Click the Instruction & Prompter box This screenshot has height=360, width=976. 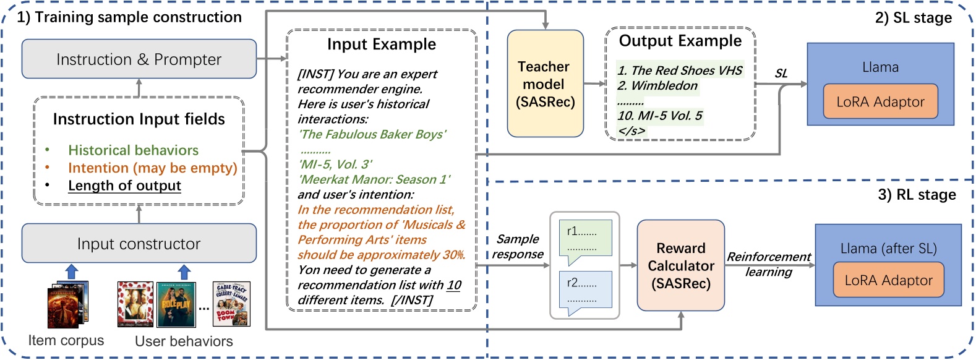click(139, 59)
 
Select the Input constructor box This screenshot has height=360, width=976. click(139, 244)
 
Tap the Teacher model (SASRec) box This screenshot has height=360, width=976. click(545, 84)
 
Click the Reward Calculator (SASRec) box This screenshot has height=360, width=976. click(680, 265)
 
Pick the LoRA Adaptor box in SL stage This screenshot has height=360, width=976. click(880, 102)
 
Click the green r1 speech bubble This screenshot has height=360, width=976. click(584, 239)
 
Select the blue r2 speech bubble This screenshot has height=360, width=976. click(584, 289)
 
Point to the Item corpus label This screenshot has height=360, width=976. click(66, 340)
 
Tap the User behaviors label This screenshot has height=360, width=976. click(184, 341)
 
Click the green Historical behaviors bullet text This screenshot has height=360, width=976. click(133, 150)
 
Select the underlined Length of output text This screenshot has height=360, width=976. click(124, 186)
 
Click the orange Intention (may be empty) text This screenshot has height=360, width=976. click(152, 168)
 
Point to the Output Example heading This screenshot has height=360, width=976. click(680, 41)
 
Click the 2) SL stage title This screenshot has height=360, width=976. click(913, 17)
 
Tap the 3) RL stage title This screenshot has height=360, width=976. click(917, 195)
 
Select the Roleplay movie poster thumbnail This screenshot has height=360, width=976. click(176, 304)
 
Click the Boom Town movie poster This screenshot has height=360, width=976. click(231, 303)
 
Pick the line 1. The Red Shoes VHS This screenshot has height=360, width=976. click(679, 71)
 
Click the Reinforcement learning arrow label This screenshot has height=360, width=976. click(768, 264)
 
